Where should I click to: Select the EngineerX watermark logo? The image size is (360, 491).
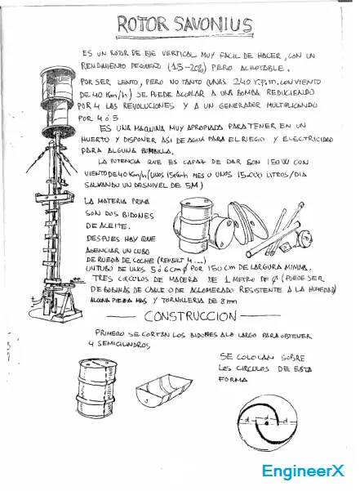click(303, 471)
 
